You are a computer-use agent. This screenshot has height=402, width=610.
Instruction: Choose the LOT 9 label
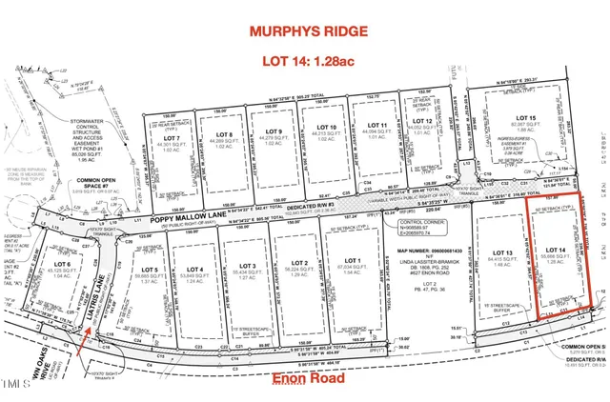[274, 131]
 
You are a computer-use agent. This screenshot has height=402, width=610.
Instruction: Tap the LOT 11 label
[376, 126]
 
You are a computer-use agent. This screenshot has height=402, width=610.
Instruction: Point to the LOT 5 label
[146, 269]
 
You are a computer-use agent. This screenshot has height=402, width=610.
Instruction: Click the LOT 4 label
[196, 269]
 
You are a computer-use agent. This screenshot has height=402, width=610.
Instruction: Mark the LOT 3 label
[247, 266]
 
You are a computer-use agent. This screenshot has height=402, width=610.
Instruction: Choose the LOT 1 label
[352, 260]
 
